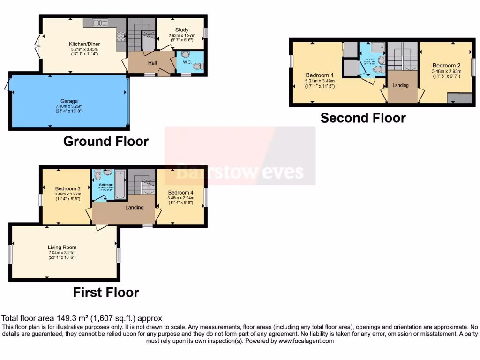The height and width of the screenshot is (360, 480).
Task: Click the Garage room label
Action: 69,101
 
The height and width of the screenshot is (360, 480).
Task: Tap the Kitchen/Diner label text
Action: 84,44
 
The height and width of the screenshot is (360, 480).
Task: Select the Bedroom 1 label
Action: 320,75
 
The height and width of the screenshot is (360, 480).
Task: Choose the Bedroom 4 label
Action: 180,193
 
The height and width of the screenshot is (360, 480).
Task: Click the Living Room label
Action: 62,247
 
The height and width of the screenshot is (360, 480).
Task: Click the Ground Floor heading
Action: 106,141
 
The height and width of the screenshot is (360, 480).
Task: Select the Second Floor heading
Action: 363,118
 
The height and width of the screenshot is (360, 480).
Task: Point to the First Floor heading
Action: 106,292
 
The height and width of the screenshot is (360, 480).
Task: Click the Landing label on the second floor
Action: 401,85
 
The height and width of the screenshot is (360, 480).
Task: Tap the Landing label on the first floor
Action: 134,208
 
